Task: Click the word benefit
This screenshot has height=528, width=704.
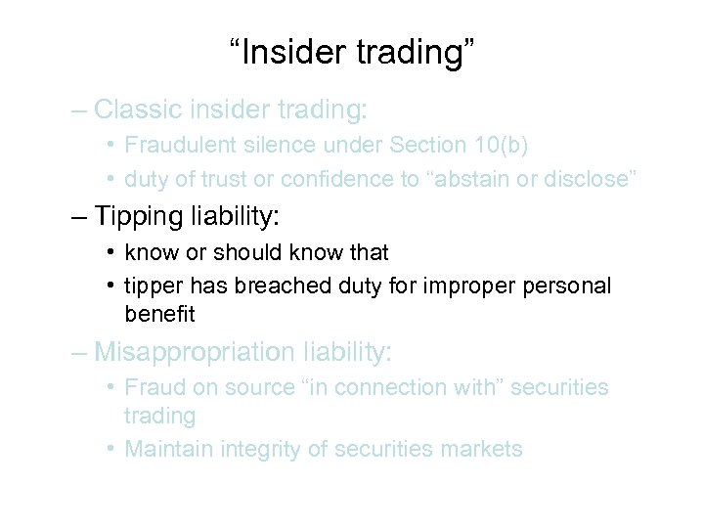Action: tap(159, 314)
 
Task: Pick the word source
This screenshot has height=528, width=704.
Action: tap(257, 387)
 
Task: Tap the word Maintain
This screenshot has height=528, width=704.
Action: tap(169, 449)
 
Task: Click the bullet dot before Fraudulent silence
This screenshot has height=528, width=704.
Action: tap(112, 145)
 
